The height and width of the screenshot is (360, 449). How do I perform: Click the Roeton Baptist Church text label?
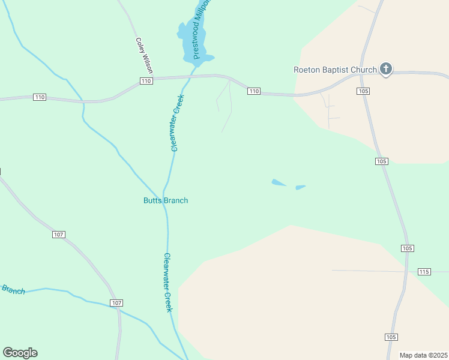coord(335,70)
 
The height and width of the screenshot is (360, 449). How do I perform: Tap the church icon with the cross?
coord(386,70)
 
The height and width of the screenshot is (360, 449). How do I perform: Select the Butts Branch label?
coord(166,200)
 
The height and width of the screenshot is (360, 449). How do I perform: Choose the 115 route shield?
coord(424,272)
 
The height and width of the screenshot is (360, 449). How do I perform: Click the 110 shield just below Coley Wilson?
coord(146,81)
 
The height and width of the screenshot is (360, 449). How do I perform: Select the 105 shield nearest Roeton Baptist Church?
coord(363,91)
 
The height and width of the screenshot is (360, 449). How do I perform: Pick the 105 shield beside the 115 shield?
coord(407,248)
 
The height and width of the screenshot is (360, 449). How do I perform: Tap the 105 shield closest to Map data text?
coord(391,337)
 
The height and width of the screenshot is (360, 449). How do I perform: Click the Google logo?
coord(20,353)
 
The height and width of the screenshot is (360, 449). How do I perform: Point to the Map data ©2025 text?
coord(423,355)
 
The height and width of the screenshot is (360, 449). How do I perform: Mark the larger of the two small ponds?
coord(279,182)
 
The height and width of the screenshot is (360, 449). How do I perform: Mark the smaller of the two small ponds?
coord(300,187)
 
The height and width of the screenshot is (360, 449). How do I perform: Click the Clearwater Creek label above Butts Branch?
coord(176,122)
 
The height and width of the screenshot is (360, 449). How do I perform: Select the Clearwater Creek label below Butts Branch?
coord(168,281)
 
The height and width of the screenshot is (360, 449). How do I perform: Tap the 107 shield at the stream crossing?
coord(116,303)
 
